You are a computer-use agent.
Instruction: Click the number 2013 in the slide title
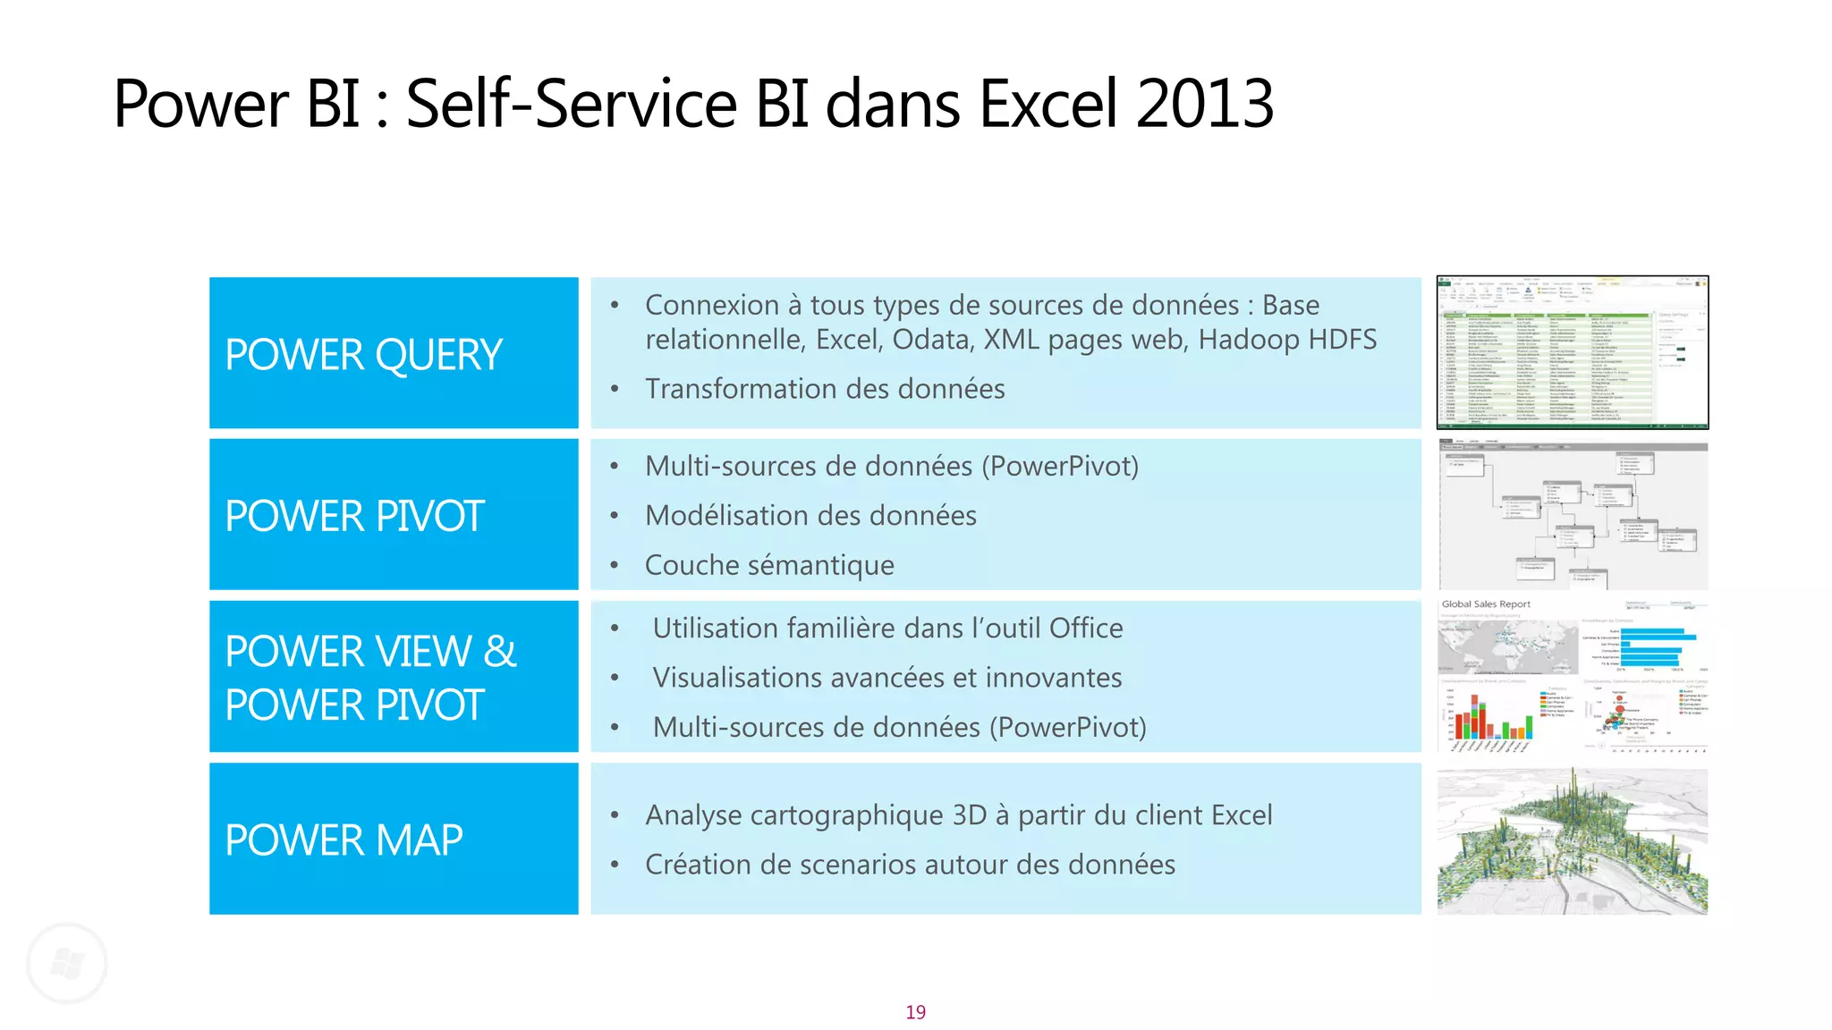[1204, 104]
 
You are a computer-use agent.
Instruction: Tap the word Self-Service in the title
[571, 104]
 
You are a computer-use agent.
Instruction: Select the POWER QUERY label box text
[363, 355]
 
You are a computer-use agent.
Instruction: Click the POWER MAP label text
[343, 840]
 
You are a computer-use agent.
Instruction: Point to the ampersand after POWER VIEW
[499, 651]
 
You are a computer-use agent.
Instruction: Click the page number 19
[915, 1012]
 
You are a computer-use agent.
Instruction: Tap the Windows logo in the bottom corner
[67, 963]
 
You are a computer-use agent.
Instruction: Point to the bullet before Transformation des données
[615, 389]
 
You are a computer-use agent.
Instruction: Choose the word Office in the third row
[1085, 629]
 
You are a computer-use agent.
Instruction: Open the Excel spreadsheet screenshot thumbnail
[1572, 352]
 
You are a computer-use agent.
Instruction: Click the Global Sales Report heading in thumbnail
[1486, 604]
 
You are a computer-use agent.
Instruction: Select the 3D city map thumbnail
[1572, 840]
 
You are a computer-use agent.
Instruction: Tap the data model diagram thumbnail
[1572, 514]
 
